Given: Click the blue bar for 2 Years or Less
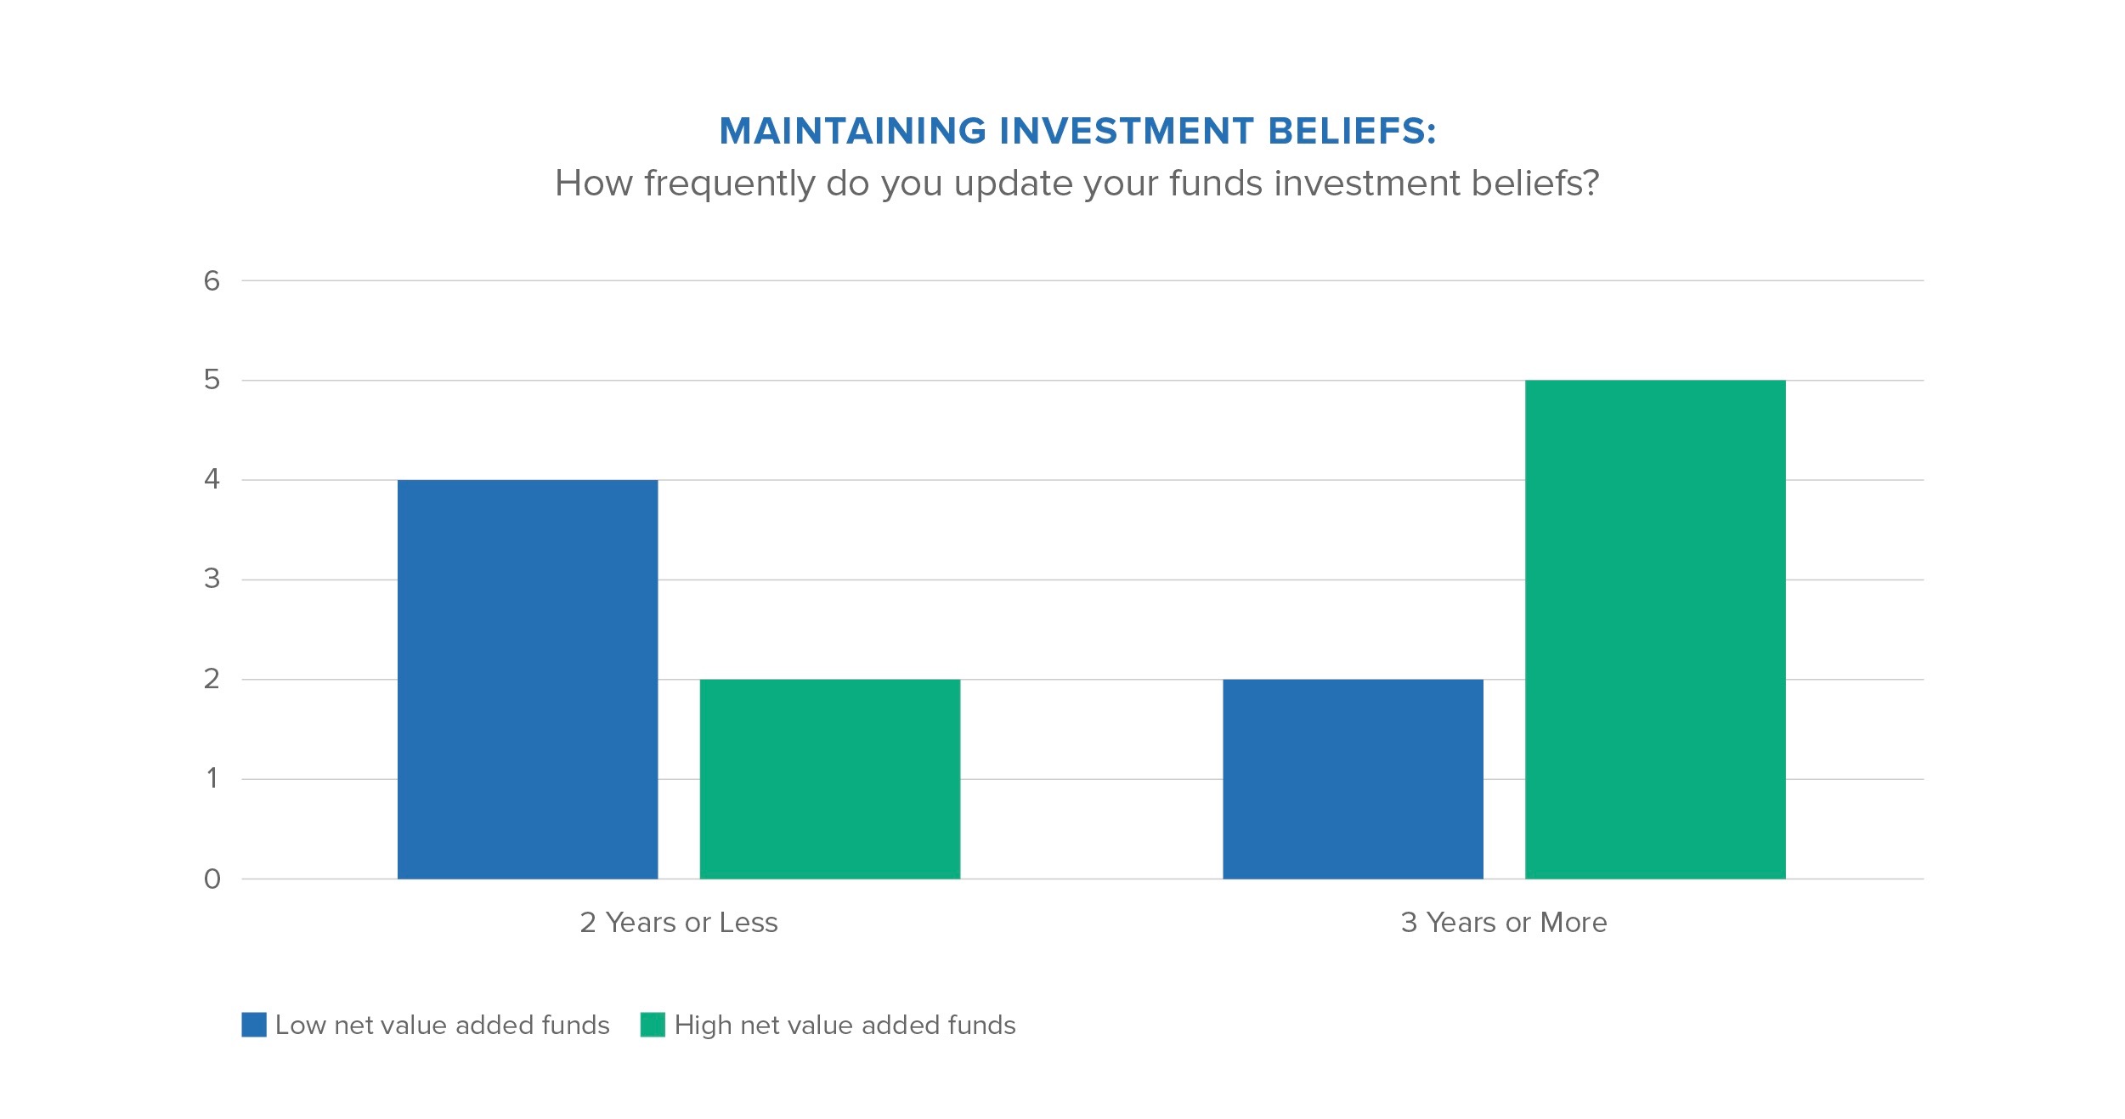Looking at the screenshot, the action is pos(528,679).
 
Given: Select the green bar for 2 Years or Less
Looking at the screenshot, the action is pos(830,778).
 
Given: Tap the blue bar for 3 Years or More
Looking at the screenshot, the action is pos(1353,778).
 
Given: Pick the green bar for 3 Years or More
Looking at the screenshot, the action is pos(1655,629).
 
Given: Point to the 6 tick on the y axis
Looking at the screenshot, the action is pos(212,281).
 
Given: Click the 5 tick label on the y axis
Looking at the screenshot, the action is pos(212,380).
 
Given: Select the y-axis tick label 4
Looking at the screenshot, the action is pos(212,479).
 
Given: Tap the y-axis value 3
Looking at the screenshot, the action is pos(212,579).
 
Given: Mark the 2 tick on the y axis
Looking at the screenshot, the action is pos(212,679).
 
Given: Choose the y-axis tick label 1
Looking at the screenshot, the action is pos(212,778).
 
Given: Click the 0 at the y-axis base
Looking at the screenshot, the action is pos(212,879).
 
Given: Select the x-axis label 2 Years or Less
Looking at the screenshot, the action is pos(679,923).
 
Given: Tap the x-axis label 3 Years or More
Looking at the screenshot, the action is pos(1504,923).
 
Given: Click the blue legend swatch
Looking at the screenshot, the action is pos(254,1025).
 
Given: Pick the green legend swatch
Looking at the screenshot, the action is pos(653,1025).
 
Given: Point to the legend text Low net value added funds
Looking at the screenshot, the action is pos(443,1026).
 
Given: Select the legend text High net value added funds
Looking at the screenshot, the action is pos(845,1026).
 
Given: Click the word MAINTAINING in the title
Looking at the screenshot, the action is pos(853,131).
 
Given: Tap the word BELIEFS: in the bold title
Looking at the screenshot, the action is pos(1352,131).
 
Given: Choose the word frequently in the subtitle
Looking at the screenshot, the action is pos(730,184).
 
